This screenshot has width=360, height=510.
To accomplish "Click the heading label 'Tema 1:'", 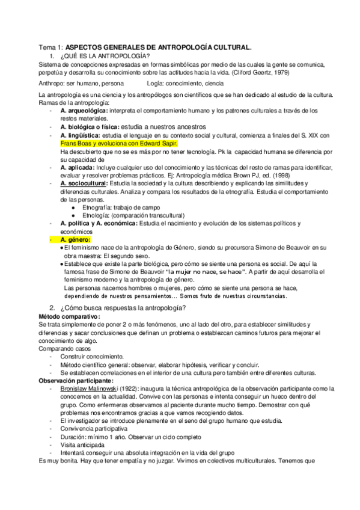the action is click(x=50, y=46).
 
